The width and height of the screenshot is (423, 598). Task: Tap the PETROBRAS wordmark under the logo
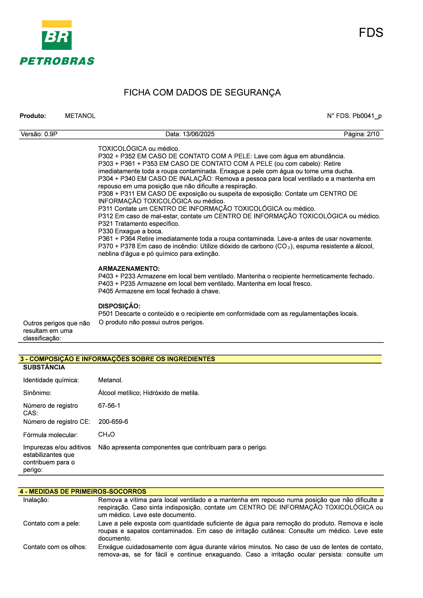[57, 61]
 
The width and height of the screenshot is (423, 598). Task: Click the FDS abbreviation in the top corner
[371, 33]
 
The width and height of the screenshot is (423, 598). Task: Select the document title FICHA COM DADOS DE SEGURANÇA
[202, 92]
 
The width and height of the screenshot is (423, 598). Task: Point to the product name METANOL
[80, 116]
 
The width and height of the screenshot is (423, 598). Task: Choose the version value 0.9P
[51, 134]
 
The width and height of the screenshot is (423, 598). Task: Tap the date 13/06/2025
[198, 134]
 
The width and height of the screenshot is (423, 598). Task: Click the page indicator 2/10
[373, 134]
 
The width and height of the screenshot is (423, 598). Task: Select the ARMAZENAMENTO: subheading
[129, 268]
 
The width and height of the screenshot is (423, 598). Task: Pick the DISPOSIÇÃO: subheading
[119, 306]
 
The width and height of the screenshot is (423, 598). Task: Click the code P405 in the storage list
[106, 291]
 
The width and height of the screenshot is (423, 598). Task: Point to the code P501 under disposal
[106, 314]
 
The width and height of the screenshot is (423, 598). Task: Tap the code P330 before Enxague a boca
[106, 231]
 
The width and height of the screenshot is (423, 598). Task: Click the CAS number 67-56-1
[109, 406]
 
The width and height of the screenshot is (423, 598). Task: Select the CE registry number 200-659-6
[113, 422]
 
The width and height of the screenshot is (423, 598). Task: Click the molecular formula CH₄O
[106, 434]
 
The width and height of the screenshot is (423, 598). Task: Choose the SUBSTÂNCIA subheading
[44, 367]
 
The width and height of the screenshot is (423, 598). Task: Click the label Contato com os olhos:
[55, 547]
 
